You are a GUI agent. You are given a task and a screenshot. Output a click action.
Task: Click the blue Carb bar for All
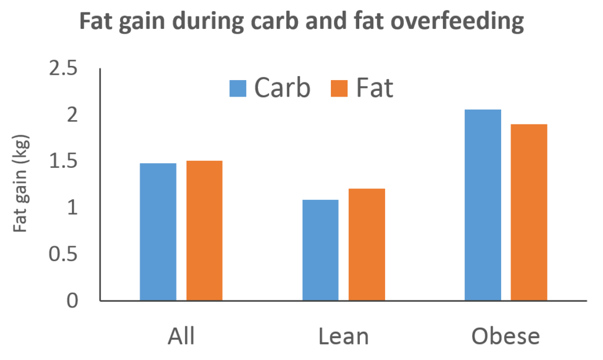(158, 232)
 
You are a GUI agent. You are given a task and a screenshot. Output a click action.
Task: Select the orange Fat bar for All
(204, 231)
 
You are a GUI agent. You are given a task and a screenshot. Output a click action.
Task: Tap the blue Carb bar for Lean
(320, 250)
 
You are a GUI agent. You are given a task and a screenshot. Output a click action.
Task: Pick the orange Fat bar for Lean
(367, 245)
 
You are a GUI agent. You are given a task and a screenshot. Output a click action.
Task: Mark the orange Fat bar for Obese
(529, 213)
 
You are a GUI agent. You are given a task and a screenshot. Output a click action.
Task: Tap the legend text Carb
(281, 88)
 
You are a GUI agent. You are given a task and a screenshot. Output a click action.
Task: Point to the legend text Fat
(375, 88)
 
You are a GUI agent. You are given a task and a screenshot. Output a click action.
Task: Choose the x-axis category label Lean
(343, 336)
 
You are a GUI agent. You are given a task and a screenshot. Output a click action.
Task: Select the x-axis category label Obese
(506, 336)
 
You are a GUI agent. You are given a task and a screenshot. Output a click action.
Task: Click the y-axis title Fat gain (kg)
(22, 185)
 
